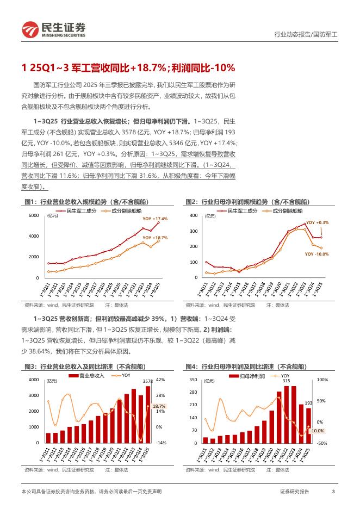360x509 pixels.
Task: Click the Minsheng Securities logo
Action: click(x=53, y=29)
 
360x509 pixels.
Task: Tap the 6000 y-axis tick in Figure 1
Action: click(x=34, y=215)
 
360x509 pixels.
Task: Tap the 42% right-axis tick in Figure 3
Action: click(x=160, y=380)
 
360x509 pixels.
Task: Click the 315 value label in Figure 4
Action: click(x=286, y=381)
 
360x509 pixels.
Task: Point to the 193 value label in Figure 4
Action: click(x=307, y=403)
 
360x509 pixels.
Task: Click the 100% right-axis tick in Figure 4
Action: click(x=322, y=380)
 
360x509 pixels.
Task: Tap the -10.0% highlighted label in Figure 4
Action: click(x=316, y=431)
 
